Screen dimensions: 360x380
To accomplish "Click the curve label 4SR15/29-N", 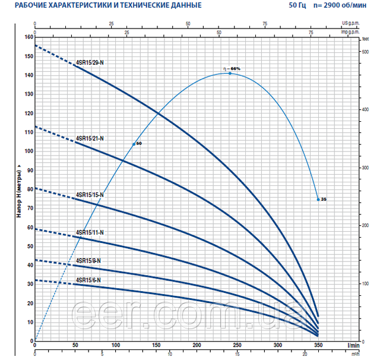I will [x=90, y=62].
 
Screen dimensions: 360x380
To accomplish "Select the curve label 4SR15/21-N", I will [x=90, y=138].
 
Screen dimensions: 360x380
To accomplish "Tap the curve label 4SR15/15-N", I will [x=90, y=195].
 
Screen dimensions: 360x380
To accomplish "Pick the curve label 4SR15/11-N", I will [x=90, y=232].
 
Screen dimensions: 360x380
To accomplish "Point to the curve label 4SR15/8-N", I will [x=88, y=260].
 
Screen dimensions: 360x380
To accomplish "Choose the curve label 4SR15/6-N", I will [x=88, y=279].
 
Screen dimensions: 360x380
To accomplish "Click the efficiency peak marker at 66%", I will [x=230, y=73].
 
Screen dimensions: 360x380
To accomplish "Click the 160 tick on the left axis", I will [x=28, y=37].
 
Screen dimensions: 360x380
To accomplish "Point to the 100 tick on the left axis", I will [x=28, y=151].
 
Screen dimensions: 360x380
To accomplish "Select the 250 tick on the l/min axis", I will [x=237, y=345].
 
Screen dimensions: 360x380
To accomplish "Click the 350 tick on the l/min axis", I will [x=318, y=345].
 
